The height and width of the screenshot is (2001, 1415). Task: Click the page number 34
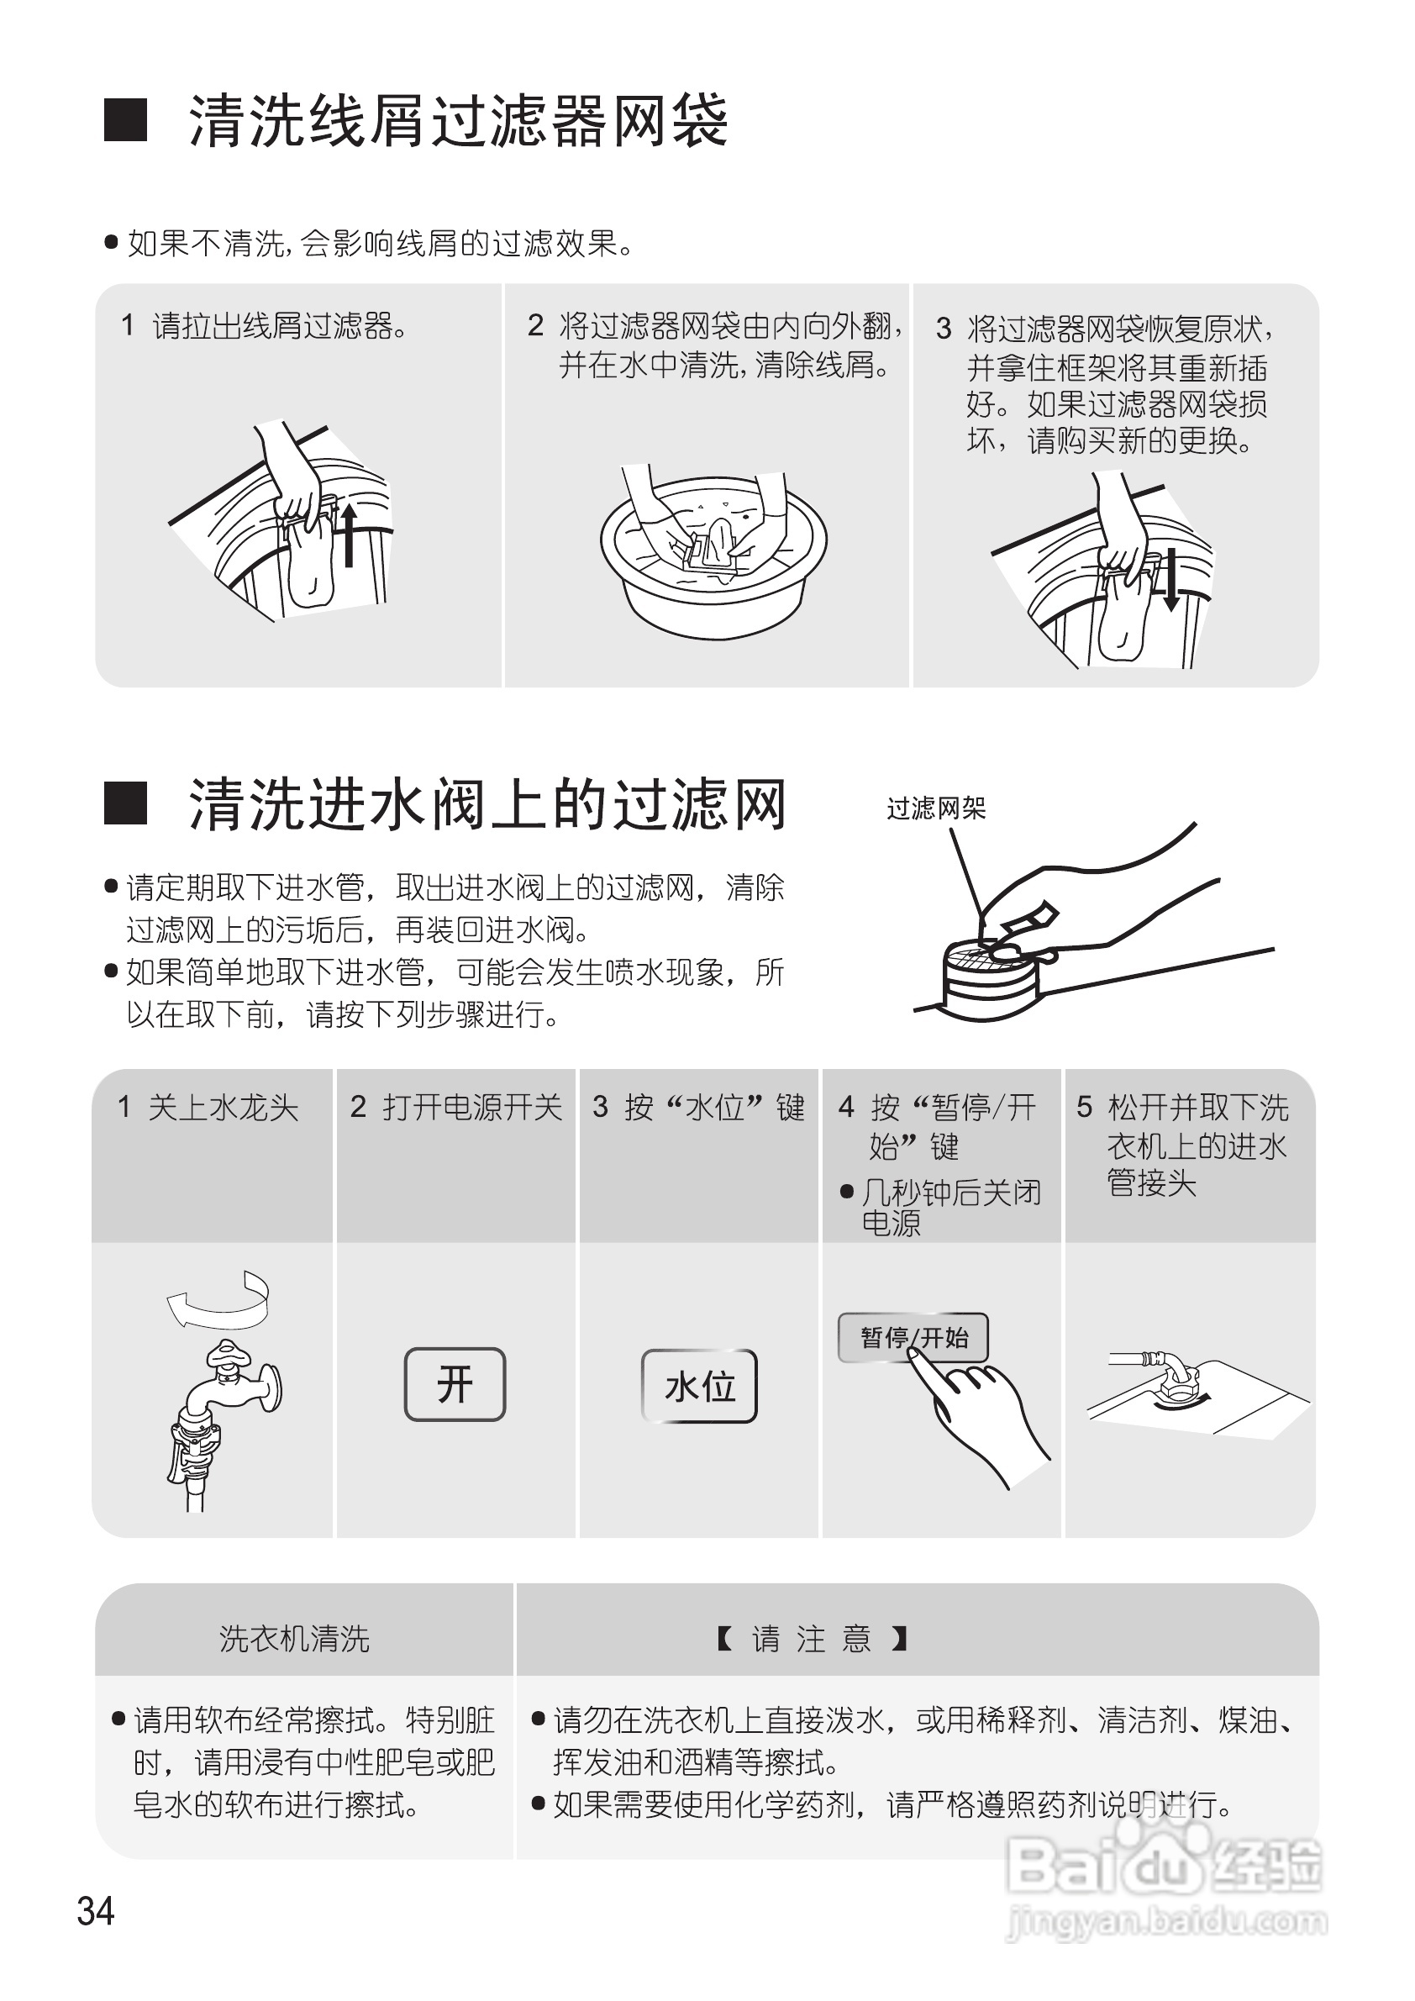click(96, 1910)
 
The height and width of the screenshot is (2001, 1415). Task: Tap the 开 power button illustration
click(455, 1383)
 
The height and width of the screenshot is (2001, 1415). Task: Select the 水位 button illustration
click(699, 1386)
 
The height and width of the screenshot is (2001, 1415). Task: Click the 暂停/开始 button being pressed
click(913, 1337)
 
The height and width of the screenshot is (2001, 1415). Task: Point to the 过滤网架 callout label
click(936, 808)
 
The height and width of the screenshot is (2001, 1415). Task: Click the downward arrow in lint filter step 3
click(1171, 579)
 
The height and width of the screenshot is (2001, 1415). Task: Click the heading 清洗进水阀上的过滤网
click(488, 803)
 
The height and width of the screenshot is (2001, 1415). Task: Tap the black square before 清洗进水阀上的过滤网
click(125, 803)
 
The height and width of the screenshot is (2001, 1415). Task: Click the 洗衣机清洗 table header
click(294, 1640)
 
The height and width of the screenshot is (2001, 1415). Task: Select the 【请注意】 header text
click(812, 1640)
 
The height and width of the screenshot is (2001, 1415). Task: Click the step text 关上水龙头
click(223, 1108)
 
